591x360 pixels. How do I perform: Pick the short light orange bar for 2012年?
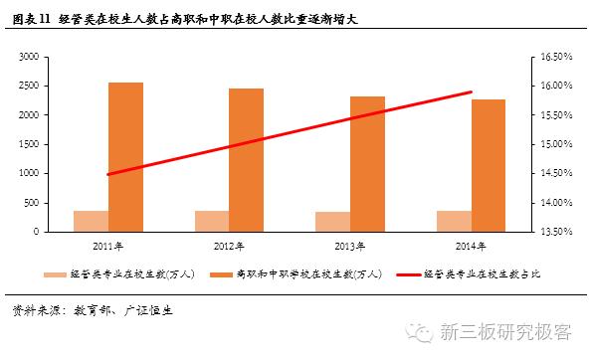pyautogui.click(x=212, y=221)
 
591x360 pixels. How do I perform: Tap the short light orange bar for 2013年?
pyautogui.click(x=332, y=222)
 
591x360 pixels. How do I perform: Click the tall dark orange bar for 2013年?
pyautogui.click(x=367, y=164)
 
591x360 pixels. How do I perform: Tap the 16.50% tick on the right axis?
pyautogui.click(x=552, y=57)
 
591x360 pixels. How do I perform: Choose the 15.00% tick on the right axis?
pyautogui.click(x=552, y=144)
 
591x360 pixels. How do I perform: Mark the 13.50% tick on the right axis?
pyautogui.click(x=552, y=232)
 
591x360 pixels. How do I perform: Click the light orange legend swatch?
pyautogui.click(x=54, y=274)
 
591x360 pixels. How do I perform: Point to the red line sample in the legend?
pyautogui.click(x=408, y=274)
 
